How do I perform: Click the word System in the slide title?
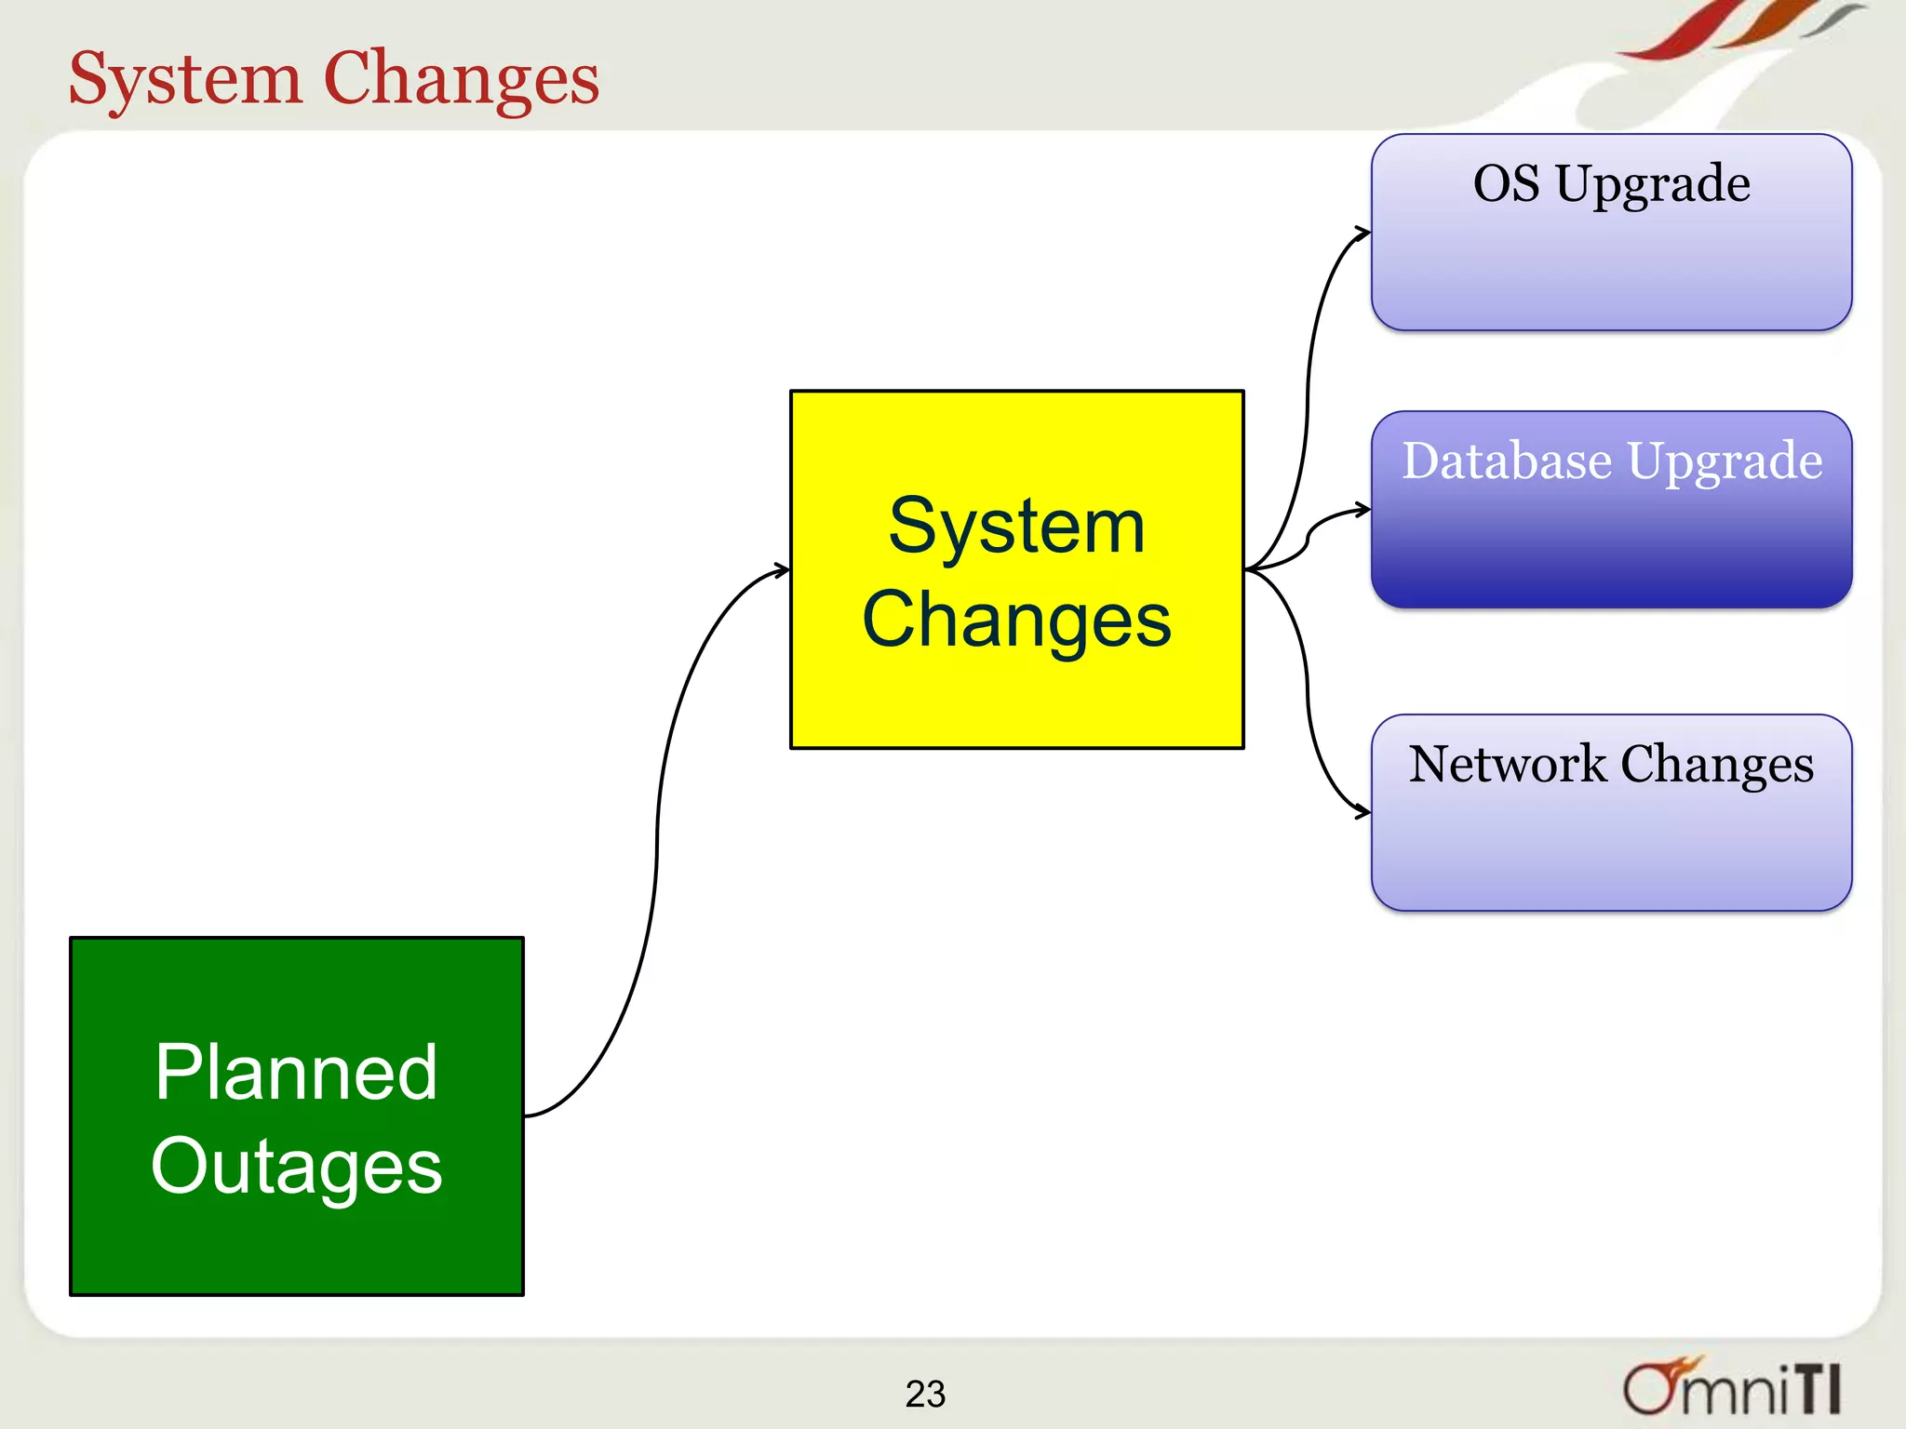coord(185,79)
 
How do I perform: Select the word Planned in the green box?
coord(296,1073)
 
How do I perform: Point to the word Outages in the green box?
coord(296,1168)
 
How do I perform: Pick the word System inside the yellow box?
coord(1016,527)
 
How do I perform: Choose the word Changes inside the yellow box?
coord(1016,621)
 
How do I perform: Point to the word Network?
coord(1507,765)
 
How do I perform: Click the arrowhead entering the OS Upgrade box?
coord(1363,233)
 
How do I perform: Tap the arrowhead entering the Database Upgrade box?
coord(1363,509)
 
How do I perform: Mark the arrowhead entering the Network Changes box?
coord(1363,812)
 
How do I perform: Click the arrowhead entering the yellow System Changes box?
coord(782,569)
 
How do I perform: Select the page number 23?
coord(925,1394)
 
